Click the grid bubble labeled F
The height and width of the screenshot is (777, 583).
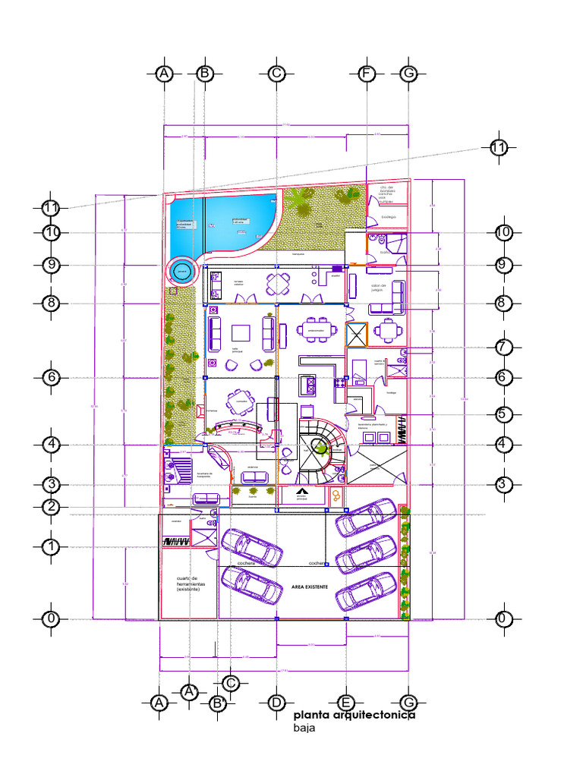click(367, 74)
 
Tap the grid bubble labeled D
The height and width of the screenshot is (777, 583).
click(276, 703)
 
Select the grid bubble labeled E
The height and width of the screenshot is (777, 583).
click(345, 703)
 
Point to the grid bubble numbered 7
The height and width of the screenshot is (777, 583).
click(501, 347)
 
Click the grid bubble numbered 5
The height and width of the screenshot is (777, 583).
click(501, 414)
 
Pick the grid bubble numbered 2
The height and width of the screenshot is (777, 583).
click(51, 507)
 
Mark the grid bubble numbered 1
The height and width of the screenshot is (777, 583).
click(51, 546)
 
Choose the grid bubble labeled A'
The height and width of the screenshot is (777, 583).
click(190, 691)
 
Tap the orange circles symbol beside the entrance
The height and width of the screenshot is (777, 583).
click(336, 495)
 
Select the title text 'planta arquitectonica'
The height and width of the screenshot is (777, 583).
click(354, 715)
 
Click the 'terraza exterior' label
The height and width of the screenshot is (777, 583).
click(239, 282)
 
